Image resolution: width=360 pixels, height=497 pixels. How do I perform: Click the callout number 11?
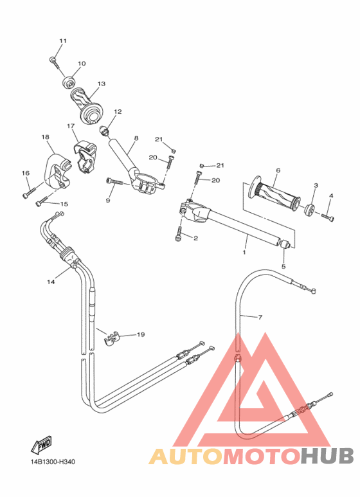(x=62, y=41)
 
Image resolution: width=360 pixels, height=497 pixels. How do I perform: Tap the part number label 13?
(x=101, y=84)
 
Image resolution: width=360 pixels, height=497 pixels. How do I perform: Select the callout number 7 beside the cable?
(x=260, y=318)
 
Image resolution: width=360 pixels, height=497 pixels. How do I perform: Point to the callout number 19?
(x=141, y=334)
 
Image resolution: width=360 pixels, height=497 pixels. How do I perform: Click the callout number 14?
(x=51, y=282)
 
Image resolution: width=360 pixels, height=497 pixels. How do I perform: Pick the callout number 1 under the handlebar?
(x=244, y=253)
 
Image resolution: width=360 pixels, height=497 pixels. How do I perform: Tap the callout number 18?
(x=45, y=137)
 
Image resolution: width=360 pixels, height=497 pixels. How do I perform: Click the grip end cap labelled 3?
(x=309, y=209)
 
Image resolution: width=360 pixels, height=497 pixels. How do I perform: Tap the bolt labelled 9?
(x=115, y=183)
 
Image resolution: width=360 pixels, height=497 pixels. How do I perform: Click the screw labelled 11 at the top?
(x=53, y=61)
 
